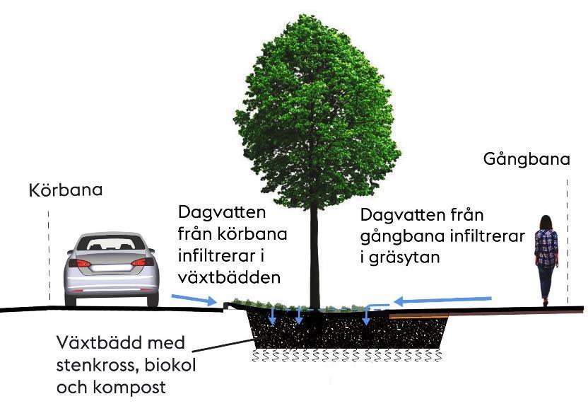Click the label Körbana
66,190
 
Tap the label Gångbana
527,159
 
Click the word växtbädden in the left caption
229,277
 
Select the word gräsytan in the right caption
404,257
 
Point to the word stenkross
98,365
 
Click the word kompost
129,387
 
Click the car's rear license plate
111,267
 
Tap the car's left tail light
79,263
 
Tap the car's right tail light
143,262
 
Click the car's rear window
116,243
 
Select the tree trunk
314,259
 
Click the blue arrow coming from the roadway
194,299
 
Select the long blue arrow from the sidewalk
442,300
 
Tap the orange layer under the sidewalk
419,318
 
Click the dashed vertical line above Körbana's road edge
49,255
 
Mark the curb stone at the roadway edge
226,306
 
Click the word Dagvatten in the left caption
222,212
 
